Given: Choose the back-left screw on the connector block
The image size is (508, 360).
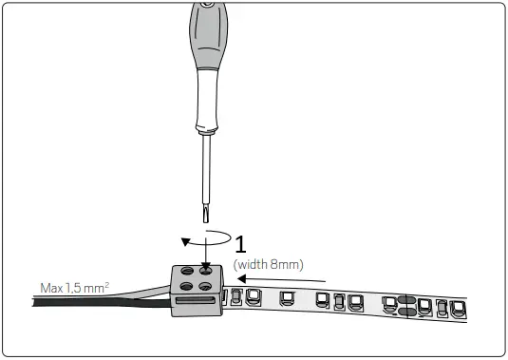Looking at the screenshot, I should pyautogui.click(x=188, y=273).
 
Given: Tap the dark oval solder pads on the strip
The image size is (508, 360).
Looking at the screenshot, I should pyautogui.click(x=404, y=305).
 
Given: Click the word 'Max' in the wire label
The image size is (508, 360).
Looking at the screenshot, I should pyautogui.click(x=51, y=287).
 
